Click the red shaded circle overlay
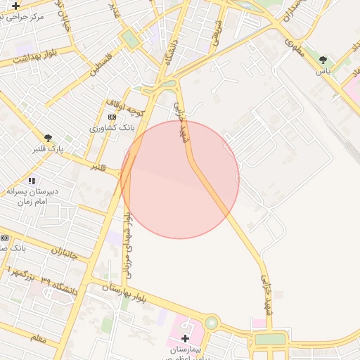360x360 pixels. [180, 179]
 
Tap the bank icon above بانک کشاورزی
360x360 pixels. [112, 117]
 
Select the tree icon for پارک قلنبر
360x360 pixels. [48, 138]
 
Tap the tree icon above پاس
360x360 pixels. [323, 60]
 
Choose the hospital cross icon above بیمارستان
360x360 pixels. [186, 338]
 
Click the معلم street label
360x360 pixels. [39, 338]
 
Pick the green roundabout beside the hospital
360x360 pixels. [211, 323]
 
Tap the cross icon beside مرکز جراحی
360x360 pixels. [15, 6]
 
